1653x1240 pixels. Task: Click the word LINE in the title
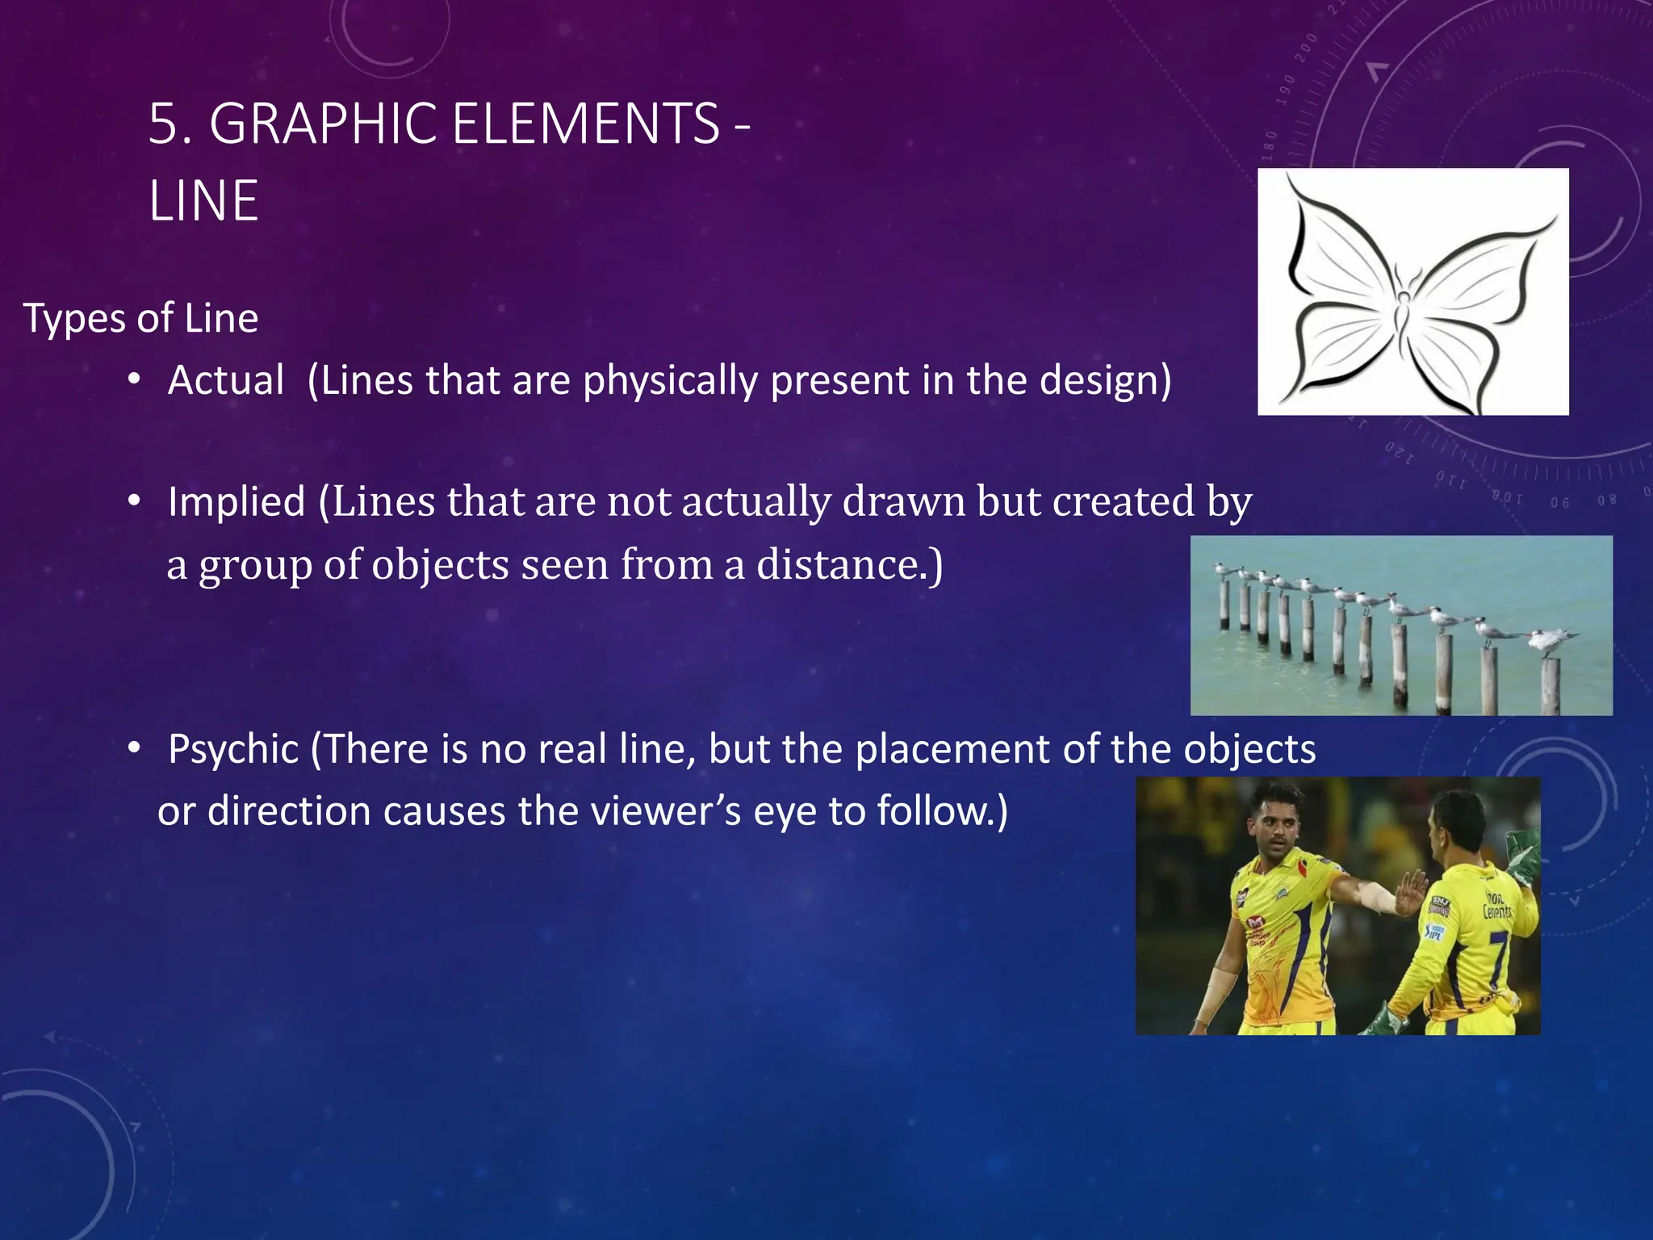click(203, 201)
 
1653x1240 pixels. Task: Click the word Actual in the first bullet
click(226, 380)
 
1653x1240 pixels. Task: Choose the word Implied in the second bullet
click(236, 501)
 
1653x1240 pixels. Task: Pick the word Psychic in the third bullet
click(233, 749)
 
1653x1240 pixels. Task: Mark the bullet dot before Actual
click(134, 379)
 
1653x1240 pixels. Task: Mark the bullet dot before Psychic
click(134, 748)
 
